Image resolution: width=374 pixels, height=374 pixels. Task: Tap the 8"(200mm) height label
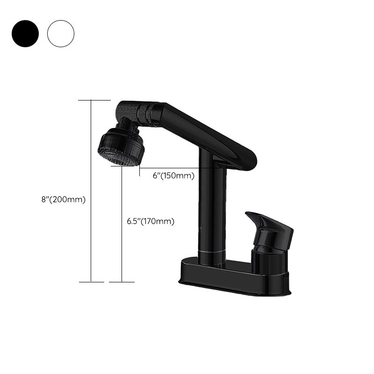[x=63, y=199]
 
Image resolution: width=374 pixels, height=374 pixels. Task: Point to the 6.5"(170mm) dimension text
[x=151, y=222]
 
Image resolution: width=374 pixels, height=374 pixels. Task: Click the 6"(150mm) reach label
[x=173, y=176]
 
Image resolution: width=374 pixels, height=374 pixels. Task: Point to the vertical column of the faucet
[x=212, y=210]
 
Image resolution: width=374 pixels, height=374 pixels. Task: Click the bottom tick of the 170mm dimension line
[x=122, y=282]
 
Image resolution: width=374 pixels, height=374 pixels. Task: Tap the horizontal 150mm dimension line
[x=182, y=168]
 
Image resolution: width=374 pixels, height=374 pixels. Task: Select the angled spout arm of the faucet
[x=206, y=133]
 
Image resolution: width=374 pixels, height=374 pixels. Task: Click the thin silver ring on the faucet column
[x=212, y=252]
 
